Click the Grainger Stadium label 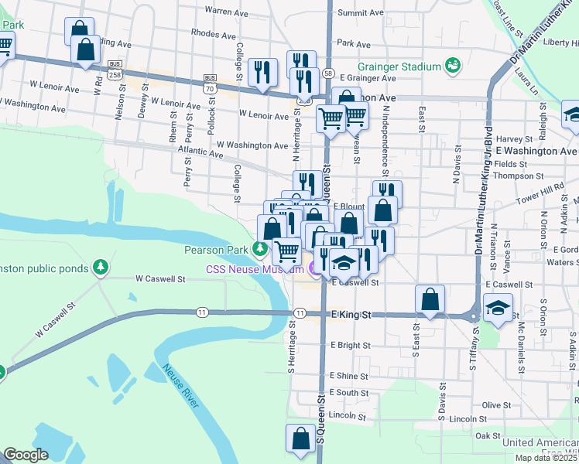[399, 67]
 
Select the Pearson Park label [216, 250]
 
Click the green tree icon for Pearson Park [259, 250]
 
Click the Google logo [26, 455]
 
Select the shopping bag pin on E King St [430, 300]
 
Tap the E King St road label [351, 315]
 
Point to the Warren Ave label [225, 12]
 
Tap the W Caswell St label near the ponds [160, 278]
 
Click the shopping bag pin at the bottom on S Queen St [300, 438]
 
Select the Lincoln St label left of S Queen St [347, 416]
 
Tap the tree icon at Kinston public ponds [99, 268]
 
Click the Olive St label [492, 404]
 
